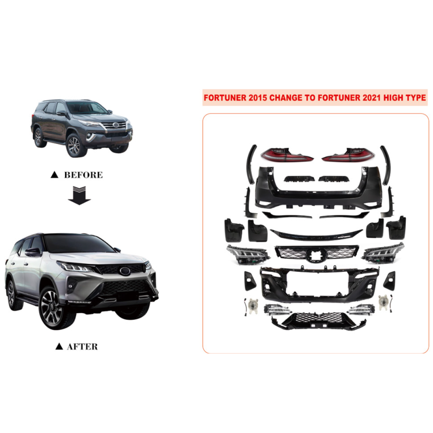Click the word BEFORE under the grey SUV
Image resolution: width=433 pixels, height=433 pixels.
[83, 175]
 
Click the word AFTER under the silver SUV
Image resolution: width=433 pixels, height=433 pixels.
[82, 346]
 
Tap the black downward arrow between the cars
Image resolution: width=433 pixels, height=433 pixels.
[79, 195]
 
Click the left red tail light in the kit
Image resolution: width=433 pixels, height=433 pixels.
[287, 155]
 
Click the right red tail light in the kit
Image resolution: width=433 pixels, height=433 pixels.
[348, 155]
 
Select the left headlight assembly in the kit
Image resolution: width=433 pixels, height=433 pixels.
[248, 254]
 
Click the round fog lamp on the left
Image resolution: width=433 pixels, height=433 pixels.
[253, 306]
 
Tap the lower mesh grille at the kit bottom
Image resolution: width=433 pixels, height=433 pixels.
[319, 321]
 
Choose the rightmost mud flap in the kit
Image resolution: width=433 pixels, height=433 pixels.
[397, 228]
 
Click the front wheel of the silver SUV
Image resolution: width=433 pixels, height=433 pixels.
[51, 308]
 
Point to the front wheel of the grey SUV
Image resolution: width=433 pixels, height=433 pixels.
[74, 146]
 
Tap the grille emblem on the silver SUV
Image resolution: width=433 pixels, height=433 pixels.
[125, 271]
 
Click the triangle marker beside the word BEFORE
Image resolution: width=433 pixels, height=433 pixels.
[55, 174]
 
